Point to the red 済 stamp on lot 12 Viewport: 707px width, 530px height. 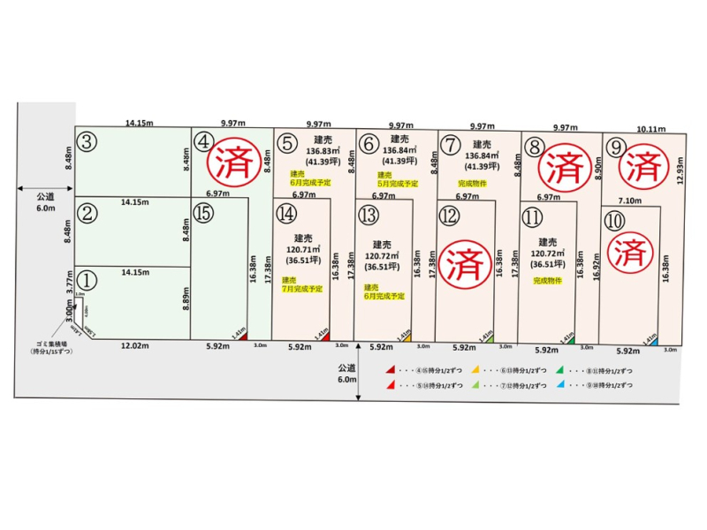tap(463, 261)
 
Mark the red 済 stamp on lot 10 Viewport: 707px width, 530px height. tap(629, 252)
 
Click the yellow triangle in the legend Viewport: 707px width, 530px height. tap(475, 371)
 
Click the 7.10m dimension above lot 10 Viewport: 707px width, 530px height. tap(629, 201)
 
